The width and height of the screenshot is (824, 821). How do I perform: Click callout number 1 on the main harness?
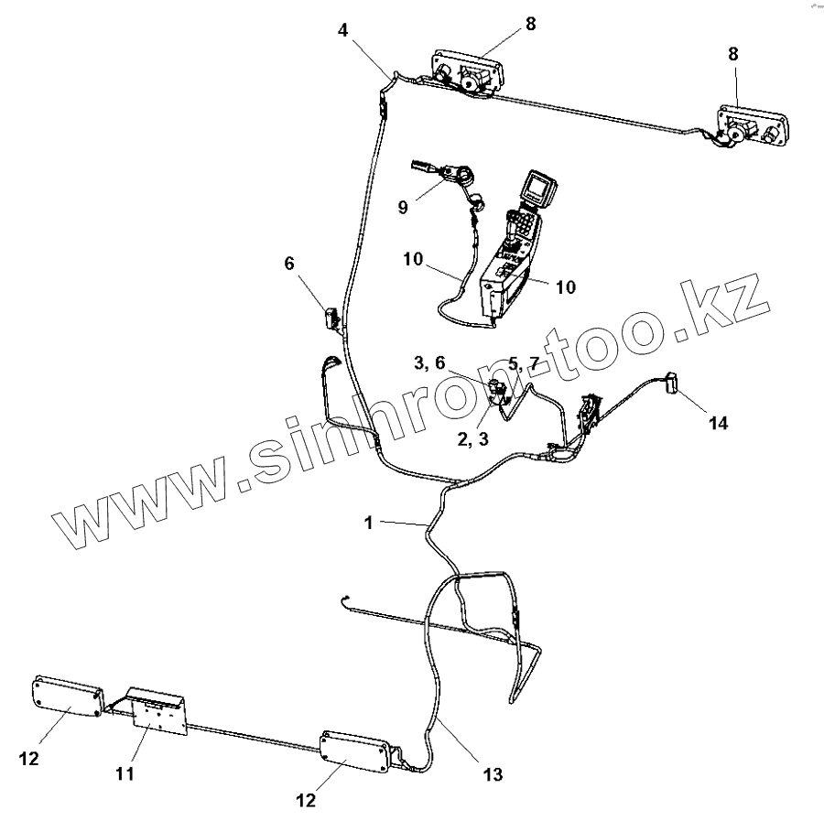368,523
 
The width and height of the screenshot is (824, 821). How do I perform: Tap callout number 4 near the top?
342,30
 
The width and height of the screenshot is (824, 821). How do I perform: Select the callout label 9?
403,207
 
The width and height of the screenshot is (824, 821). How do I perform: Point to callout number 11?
125,774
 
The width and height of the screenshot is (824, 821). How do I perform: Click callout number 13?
493,774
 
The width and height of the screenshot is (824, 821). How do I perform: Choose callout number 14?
719,423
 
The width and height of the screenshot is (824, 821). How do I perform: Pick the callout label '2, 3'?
472,438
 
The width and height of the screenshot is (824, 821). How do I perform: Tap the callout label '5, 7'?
525,363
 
